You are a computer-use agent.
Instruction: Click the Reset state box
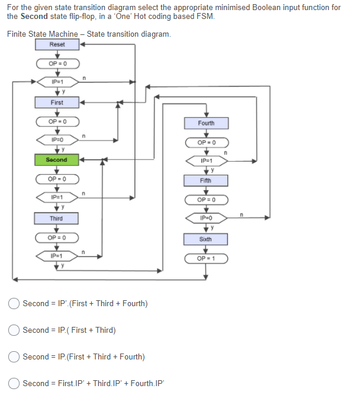(57, 44)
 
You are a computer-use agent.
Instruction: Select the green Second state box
(57, 160)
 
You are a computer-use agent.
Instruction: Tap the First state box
(57, 102)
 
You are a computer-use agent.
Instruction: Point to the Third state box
(57, 219)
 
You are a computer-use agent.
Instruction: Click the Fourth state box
(206, 123)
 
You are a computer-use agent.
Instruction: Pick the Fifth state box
(206, 180)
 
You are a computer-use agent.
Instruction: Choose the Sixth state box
(206, 239)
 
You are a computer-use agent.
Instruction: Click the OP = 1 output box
(206, 259)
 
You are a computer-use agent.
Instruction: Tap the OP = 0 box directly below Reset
(57, 63)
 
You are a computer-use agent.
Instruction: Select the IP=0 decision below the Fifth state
(206, 219)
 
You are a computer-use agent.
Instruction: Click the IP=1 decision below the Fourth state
(206, 161)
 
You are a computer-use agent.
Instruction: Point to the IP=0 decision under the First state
(57, 140)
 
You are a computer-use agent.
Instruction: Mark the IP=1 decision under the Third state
(57, 256)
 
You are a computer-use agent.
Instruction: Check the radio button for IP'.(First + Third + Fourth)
(14, 304)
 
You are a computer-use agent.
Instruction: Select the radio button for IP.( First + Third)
(14, 330)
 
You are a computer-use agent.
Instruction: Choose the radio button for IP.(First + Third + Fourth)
(14, 357)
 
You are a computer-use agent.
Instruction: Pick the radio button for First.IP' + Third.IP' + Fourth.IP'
(14, 384)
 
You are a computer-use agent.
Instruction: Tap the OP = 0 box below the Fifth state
(206, 200)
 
